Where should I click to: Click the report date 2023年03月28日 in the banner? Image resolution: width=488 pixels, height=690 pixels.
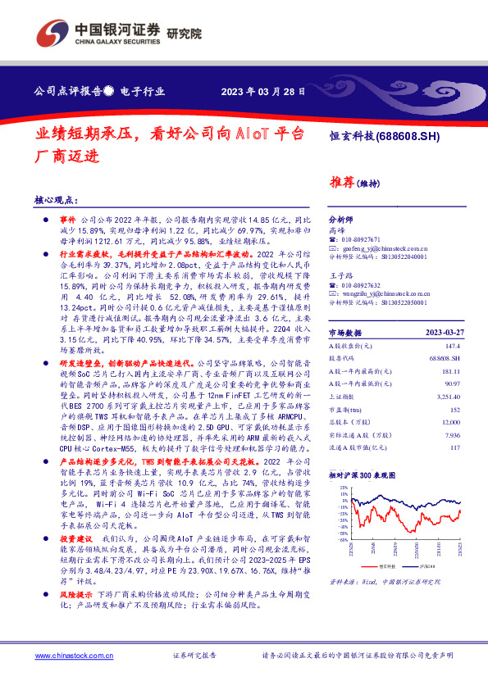click(x=268, y=91)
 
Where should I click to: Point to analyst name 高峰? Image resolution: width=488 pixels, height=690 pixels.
click(x=336, y=231)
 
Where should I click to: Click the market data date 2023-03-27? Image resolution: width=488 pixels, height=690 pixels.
click(x=441, y=334)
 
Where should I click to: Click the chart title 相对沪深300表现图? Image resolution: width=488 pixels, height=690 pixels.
click(x=367, y=474)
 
